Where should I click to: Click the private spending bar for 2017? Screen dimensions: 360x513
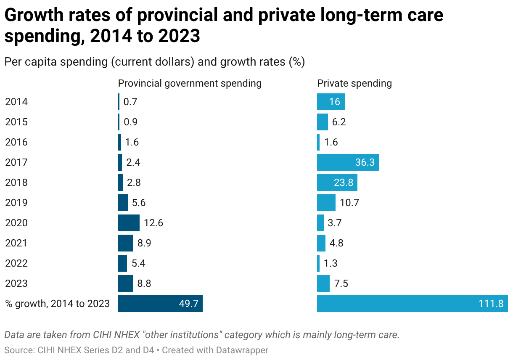pos(348,162)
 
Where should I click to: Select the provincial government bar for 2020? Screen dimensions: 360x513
pos(128,223)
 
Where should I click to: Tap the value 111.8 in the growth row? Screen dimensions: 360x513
pos(491,304)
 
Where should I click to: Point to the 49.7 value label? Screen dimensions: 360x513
pos(188,304)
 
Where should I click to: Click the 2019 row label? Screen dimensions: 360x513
pos(16,203)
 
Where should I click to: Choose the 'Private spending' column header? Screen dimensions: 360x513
pos(354,83)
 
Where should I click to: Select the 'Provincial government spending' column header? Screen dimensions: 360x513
pos(190,83)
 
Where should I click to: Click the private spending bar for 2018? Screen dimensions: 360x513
pos(337,183)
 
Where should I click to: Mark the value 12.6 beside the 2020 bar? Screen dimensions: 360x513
pos(153,223)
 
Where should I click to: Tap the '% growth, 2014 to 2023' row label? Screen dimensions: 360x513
pos(57,304)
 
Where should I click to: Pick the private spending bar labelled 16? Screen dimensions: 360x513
pos(331,102)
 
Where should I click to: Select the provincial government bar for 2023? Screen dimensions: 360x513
pos(125,283)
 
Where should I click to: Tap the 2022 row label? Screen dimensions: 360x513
pos(16,263)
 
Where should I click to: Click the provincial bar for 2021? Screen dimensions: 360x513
pos(125,243)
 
